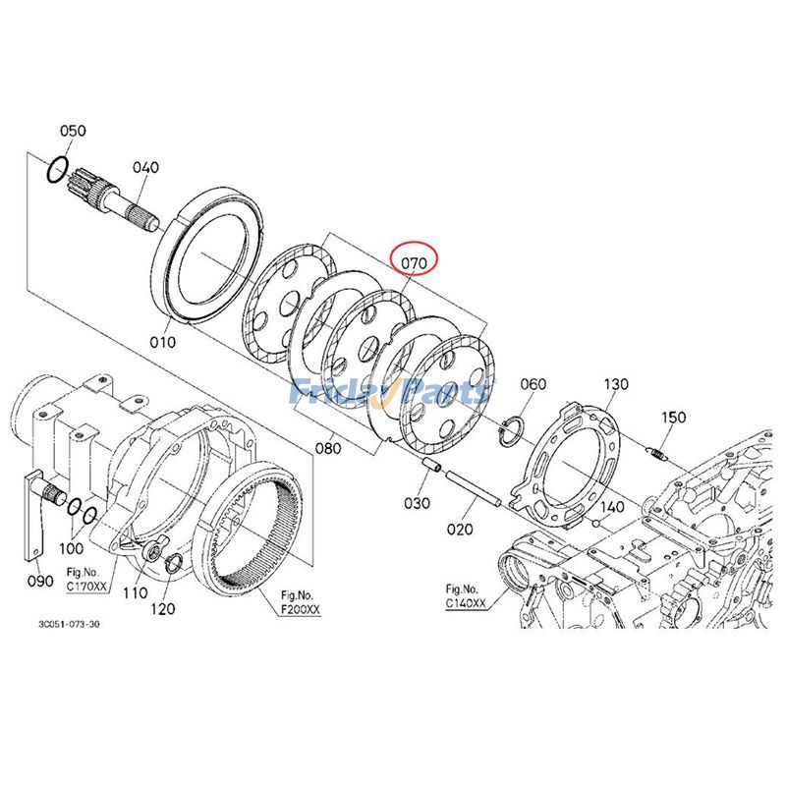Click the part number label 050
(x=73, y=131)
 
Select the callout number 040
(x=144, y=168)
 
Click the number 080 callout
(x=328, y=449)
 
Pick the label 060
(x=533, y=383)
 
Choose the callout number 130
(x=615, y=383)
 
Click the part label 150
(x=674, y=418)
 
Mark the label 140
(x=612, y=507)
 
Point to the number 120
(x=162, y=609)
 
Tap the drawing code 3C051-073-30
(x=69, y=624)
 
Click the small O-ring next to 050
(x=59, y=170)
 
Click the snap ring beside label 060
(x=509, y=426)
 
